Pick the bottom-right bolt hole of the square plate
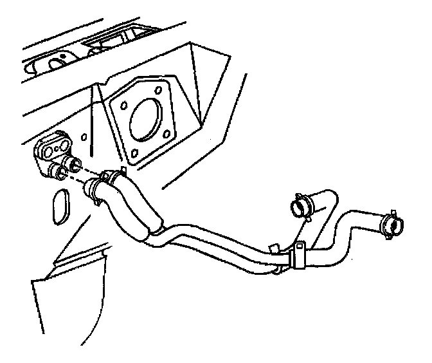[x=167, y=134]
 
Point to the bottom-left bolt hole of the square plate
[x=134, y=153]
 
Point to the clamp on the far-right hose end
[x=389, y=223]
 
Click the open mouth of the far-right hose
[x=393, y=221]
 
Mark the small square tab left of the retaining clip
[x=273, y=247]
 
